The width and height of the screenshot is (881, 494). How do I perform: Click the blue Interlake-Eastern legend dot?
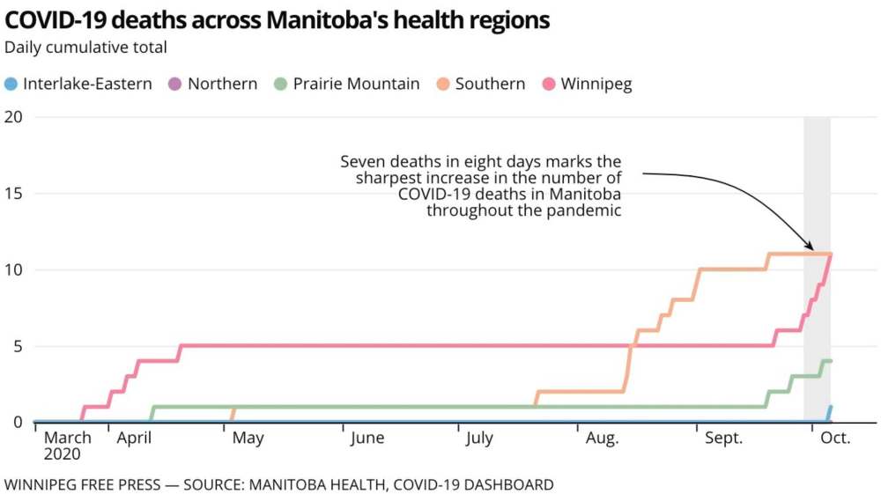[11, 85]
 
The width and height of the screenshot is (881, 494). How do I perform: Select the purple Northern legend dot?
[175, 85]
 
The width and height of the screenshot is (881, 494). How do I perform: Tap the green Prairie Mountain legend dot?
[281, 85]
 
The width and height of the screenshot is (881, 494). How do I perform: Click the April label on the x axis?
[134, 438]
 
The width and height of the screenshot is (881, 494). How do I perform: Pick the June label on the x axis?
[366, 438]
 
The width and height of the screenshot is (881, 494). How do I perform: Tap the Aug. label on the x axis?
[603, 438]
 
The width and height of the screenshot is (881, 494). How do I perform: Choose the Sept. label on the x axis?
[724, 438]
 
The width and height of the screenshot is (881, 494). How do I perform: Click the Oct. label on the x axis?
[835, 438]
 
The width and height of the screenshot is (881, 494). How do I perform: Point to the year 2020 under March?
[63, 454]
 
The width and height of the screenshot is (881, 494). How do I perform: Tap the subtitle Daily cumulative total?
[85, 47]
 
